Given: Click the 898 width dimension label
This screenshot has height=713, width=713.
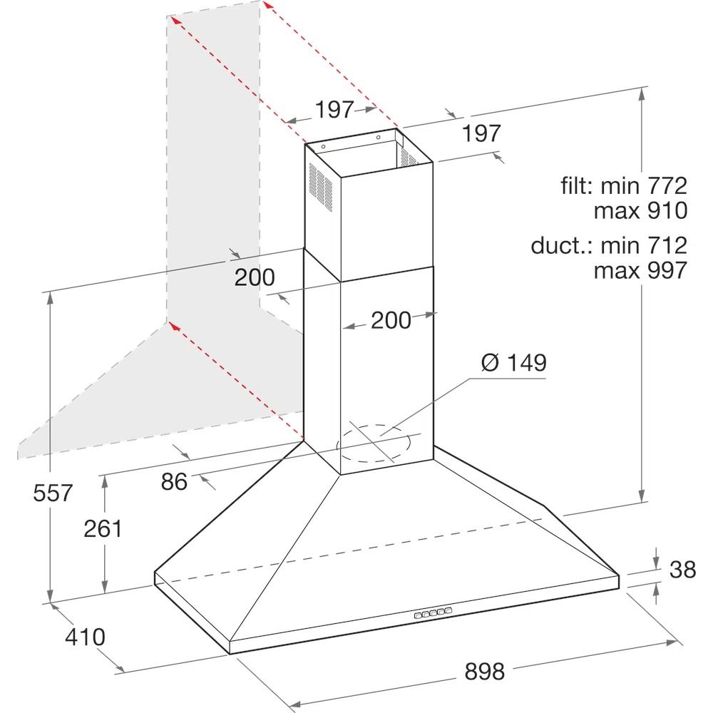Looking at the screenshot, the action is click(484, 671).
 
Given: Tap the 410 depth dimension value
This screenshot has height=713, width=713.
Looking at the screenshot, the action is click(85, 637).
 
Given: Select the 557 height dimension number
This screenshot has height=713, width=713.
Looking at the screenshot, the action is click(53, 493).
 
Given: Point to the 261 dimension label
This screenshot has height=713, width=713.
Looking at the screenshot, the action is click(103, 529).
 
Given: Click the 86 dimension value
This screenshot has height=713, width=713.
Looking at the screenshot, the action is click(174, 481).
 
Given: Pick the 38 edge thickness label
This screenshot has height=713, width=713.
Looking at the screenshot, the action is click(682, 569).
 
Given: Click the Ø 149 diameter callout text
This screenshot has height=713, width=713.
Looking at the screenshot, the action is click(514, 362).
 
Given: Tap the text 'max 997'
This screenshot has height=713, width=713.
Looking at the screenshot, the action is click(640, 270).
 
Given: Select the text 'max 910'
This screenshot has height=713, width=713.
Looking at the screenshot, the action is click(640, 210).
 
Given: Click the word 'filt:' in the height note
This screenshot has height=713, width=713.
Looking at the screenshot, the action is click(577, 185).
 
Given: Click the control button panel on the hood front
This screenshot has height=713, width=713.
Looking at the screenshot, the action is click(433, 613).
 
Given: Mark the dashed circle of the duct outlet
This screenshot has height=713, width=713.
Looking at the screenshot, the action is click(374, 443).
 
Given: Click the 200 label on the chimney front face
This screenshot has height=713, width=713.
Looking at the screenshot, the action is click(391, 321).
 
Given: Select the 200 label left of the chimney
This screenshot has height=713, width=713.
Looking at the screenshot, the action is click(255, 277).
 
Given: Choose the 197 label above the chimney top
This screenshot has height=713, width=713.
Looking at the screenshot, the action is click(334, 110).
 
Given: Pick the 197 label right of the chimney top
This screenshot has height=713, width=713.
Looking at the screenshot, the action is click(481, 133).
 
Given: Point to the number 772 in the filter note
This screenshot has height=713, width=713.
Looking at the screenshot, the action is click(667, 185).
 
